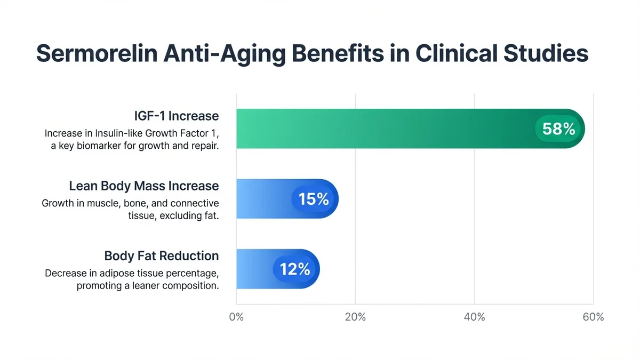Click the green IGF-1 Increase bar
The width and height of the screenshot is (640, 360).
[x=384, y=129]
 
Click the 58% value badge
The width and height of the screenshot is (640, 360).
[x=558, y=129]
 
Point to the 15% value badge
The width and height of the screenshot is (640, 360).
[x=314, y=199]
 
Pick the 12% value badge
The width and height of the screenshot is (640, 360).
[x=295, y=269]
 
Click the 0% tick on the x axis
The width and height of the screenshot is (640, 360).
[x=236, y=317]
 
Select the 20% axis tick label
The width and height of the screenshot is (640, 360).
[x=355, y=317]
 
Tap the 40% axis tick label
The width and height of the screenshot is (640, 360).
[x=474, y=317]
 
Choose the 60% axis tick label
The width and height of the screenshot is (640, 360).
[x=593, y=317]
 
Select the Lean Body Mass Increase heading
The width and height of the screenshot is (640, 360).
[x=144, y=186]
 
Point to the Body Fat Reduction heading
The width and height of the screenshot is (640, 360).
[x=162, y=255]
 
